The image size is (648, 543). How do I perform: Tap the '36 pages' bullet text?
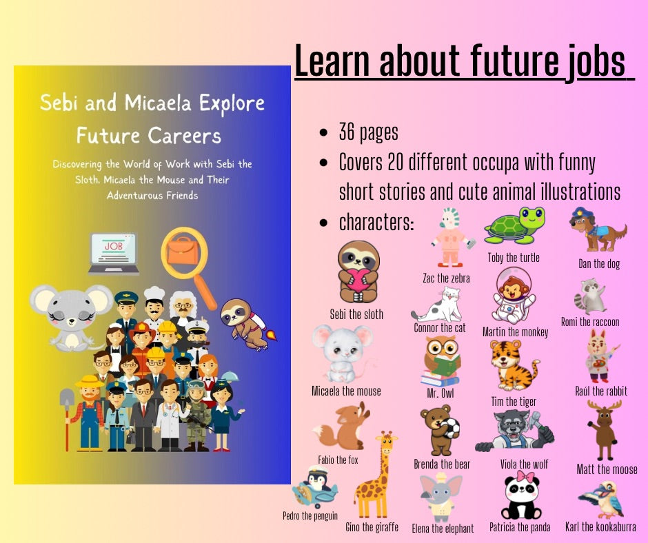[368, 132]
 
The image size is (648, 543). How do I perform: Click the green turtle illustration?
[514, 227]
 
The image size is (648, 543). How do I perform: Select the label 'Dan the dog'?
[598, 263]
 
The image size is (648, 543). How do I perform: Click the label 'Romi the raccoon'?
[589, 321]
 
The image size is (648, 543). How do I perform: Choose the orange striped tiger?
[514, 365]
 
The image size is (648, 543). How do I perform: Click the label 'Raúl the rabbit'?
[600, 391]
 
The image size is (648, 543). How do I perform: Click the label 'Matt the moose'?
[607, 469]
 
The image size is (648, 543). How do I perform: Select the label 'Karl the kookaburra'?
[600, 527]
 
